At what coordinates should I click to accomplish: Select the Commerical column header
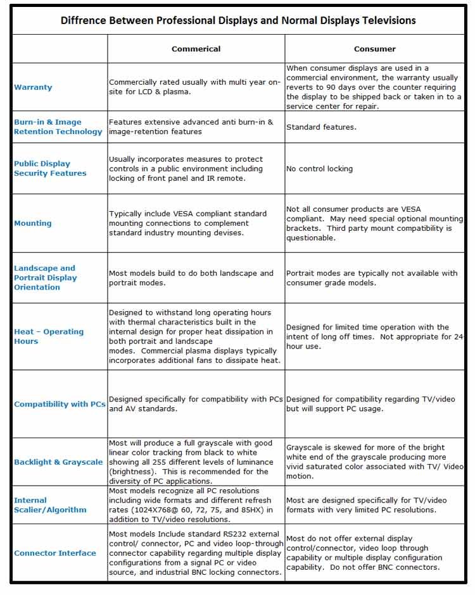tap(196, 49)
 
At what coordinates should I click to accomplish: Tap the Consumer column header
tap(374, 49)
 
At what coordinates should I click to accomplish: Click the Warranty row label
tap(33, 87)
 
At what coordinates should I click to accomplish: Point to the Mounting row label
tap(33, 223)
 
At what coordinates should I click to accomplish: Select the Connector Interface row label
tap(55, 553)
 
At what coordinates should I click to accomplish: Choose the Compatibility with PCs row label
tap(60, 404)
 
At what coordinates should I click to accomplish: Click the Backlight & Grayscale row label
tap(58, 462)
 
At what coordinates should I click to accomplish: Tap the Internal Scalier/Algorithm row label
tap(50, 505)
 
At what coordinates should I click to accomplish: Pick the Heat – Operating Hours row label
tap(49, 336)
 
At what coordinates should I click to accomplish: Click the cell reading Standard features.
tap(321, 127)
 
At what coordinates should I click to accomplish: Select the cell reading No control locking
tap(319, 169)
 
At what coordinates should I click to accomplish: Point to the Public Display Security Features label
tap(50, 168)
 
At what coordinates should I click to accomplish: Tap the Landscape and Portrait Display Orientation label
tap(46, 278)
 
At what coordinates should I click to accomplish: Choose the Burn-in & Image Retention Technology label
tap(58, 127)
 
